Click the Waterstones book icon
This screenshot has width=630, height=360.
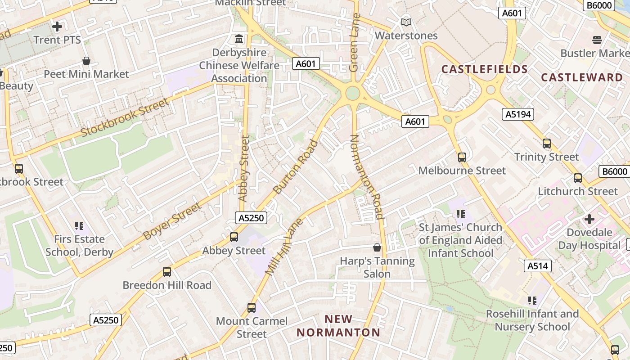click(406, 22)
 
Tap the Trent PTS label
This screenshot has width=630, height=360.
click(57, 40)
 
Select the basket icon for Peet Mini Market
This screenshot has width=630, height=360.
click(86, 61)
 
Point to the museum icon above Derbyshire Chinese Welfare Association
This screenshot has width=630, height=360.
click(239, 39)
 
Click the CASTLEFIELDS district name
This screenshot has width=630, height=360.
click(485, 69)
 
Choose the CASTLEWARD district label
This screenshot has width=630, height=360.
click(582, 77)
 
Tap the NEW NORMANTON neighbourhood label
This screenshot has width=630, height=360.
click(338, 326)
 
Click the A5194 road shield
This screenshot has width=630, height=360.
click(518, 114)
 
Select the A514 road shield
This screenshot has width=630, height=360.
click(538, 266)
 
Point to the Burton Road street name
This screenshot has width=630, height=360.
click(296, 167)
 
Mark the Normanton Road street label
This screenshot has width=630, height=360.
click(366, 177)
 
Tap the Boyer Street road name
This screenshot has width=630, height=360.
click(171, 221)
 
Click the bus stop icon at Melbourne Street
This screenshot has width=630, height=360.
click(462, 157)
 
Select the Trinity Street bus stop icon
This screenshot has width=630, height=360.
click(547, 144)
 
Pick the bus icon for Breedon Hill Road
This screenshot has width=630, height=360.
click(167, 272)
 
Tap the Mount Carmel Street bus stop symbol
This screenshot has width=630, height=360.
click(252, 308)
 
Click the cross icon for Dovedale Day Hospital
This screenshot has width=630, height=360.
click(589, 219)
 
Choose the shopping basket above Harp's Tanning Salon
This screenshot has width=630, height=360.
click(377, 248)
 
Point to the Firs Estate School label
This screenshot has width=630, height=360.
click(79, 245)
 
